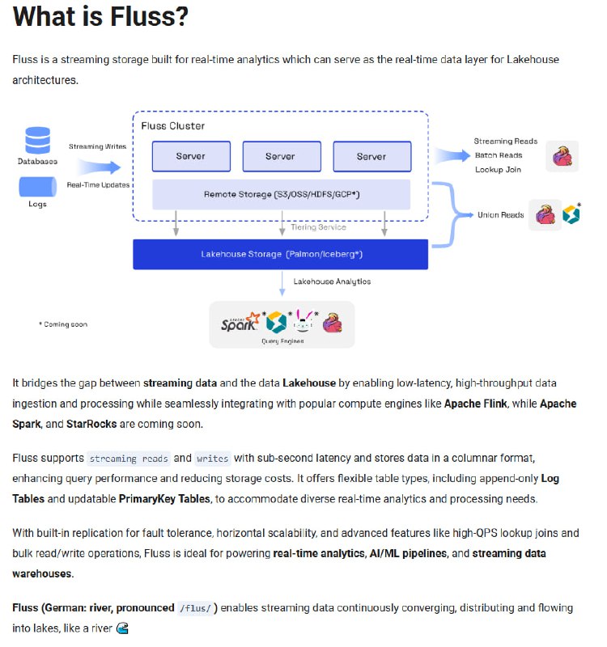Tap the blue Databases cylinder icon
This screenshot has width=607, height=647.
pyautogui.click(x=37, y=140)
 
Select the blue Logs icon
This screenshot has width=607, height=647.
pyautogui.click(x=37, y=187)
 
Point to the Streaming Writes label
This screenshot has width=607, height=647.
pyautogui.click(x=97, y=146)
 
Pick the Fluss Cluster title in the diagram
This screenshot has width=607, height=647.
pyautogui.click(x=172, y=126)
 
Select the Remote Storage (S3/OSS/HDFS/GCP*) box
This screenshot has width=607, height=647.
pyautogui.click(x=282, y=194)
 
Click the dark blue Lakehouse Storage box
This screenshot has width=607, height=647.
pyautogui.click(x=281, y=254)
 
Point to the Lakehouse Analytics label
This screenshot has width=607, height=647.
pyautogui.click(x=332, y=281)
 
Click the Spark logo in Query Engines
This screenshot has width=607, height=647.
pyautogui.click(x=241, y=323)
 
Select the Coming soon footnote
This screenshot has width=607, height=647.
pyautogui.click(x=63, y=324)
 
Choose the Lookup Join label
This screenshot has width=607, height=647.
pyautogui.click(x=499, y=169)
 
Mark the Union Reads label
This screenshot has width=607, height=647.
pyautogui.click(x=500, y=215)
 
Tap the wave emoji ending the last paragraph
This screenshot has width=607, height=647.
pyautogui.click(x=123, y=628)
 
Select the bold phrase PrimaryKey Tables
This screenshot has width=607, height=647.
pyautogui.click(x=165, y=499)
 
